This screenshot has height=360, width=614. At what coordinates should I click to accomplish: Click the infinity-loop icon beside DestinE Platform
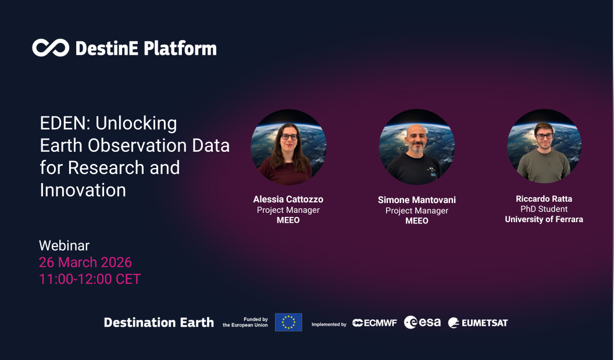point(51,48)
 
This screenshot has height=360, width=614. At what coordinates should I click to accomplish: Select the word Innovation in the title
point(83,190)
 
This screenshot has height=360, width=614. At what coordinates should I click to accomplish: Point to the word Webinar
point(64,245)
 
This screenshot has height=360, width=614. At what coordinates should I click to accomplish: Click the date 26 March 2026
point(85,262)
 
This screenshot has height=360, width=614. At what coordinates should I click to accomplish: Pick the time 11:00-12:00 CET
point(90,279)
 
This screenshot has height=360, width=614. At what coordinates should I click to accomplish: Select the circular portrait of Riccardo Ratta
point(544,146)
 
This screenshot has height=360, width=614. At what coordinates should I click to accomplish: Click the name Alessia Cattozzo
point(288,199)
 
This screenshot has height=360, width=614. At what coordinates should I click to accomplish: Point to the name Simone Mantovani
point(416,200)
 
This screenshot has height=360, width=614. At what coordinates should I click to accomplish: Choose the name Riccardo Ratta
point(544,199)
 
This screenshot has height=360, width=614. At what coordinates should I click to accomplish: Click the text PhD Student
point(544,209)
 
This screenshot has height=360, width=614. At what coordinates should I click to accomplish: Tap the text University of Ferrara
point(544,219)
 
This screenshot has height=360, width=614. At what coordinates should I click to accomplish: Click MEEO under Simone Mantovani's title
point(416,221)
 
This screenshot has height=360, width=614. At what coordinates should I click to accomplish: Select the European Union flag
point(288,322)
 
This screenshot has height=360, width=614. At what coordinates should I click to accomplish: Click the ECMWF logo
point(374,323)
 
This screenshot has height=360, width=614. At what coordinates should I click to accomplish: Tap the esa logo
point(423,322)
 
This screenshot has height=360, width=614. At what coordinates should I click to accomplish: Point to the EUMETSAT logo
point(478,323)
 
